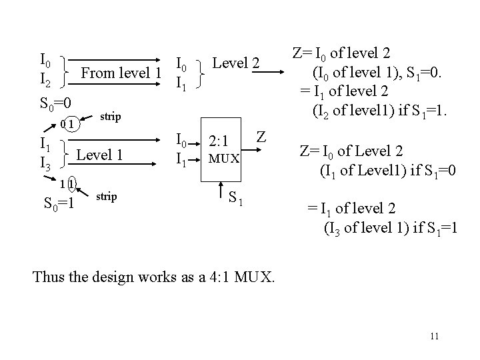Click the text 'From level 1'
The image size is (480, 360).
coord(121,73)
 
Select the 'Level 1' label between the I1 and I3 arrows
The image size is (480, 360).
coord(101,155)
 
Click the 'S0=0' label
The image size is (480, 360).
coord(55,103)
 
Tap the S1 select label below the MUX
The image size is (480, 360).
coord(234,197)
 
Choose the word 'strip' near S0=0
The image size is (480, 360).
coord(110,117)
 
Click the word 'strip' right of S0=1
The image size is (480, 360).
coord(107,197)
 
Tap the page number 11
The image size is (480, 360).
coord(434,336)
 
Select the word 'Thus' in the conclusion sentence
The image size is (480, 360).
coord(48,275)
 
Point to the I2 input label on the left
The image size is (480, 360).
coord(47,81)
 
